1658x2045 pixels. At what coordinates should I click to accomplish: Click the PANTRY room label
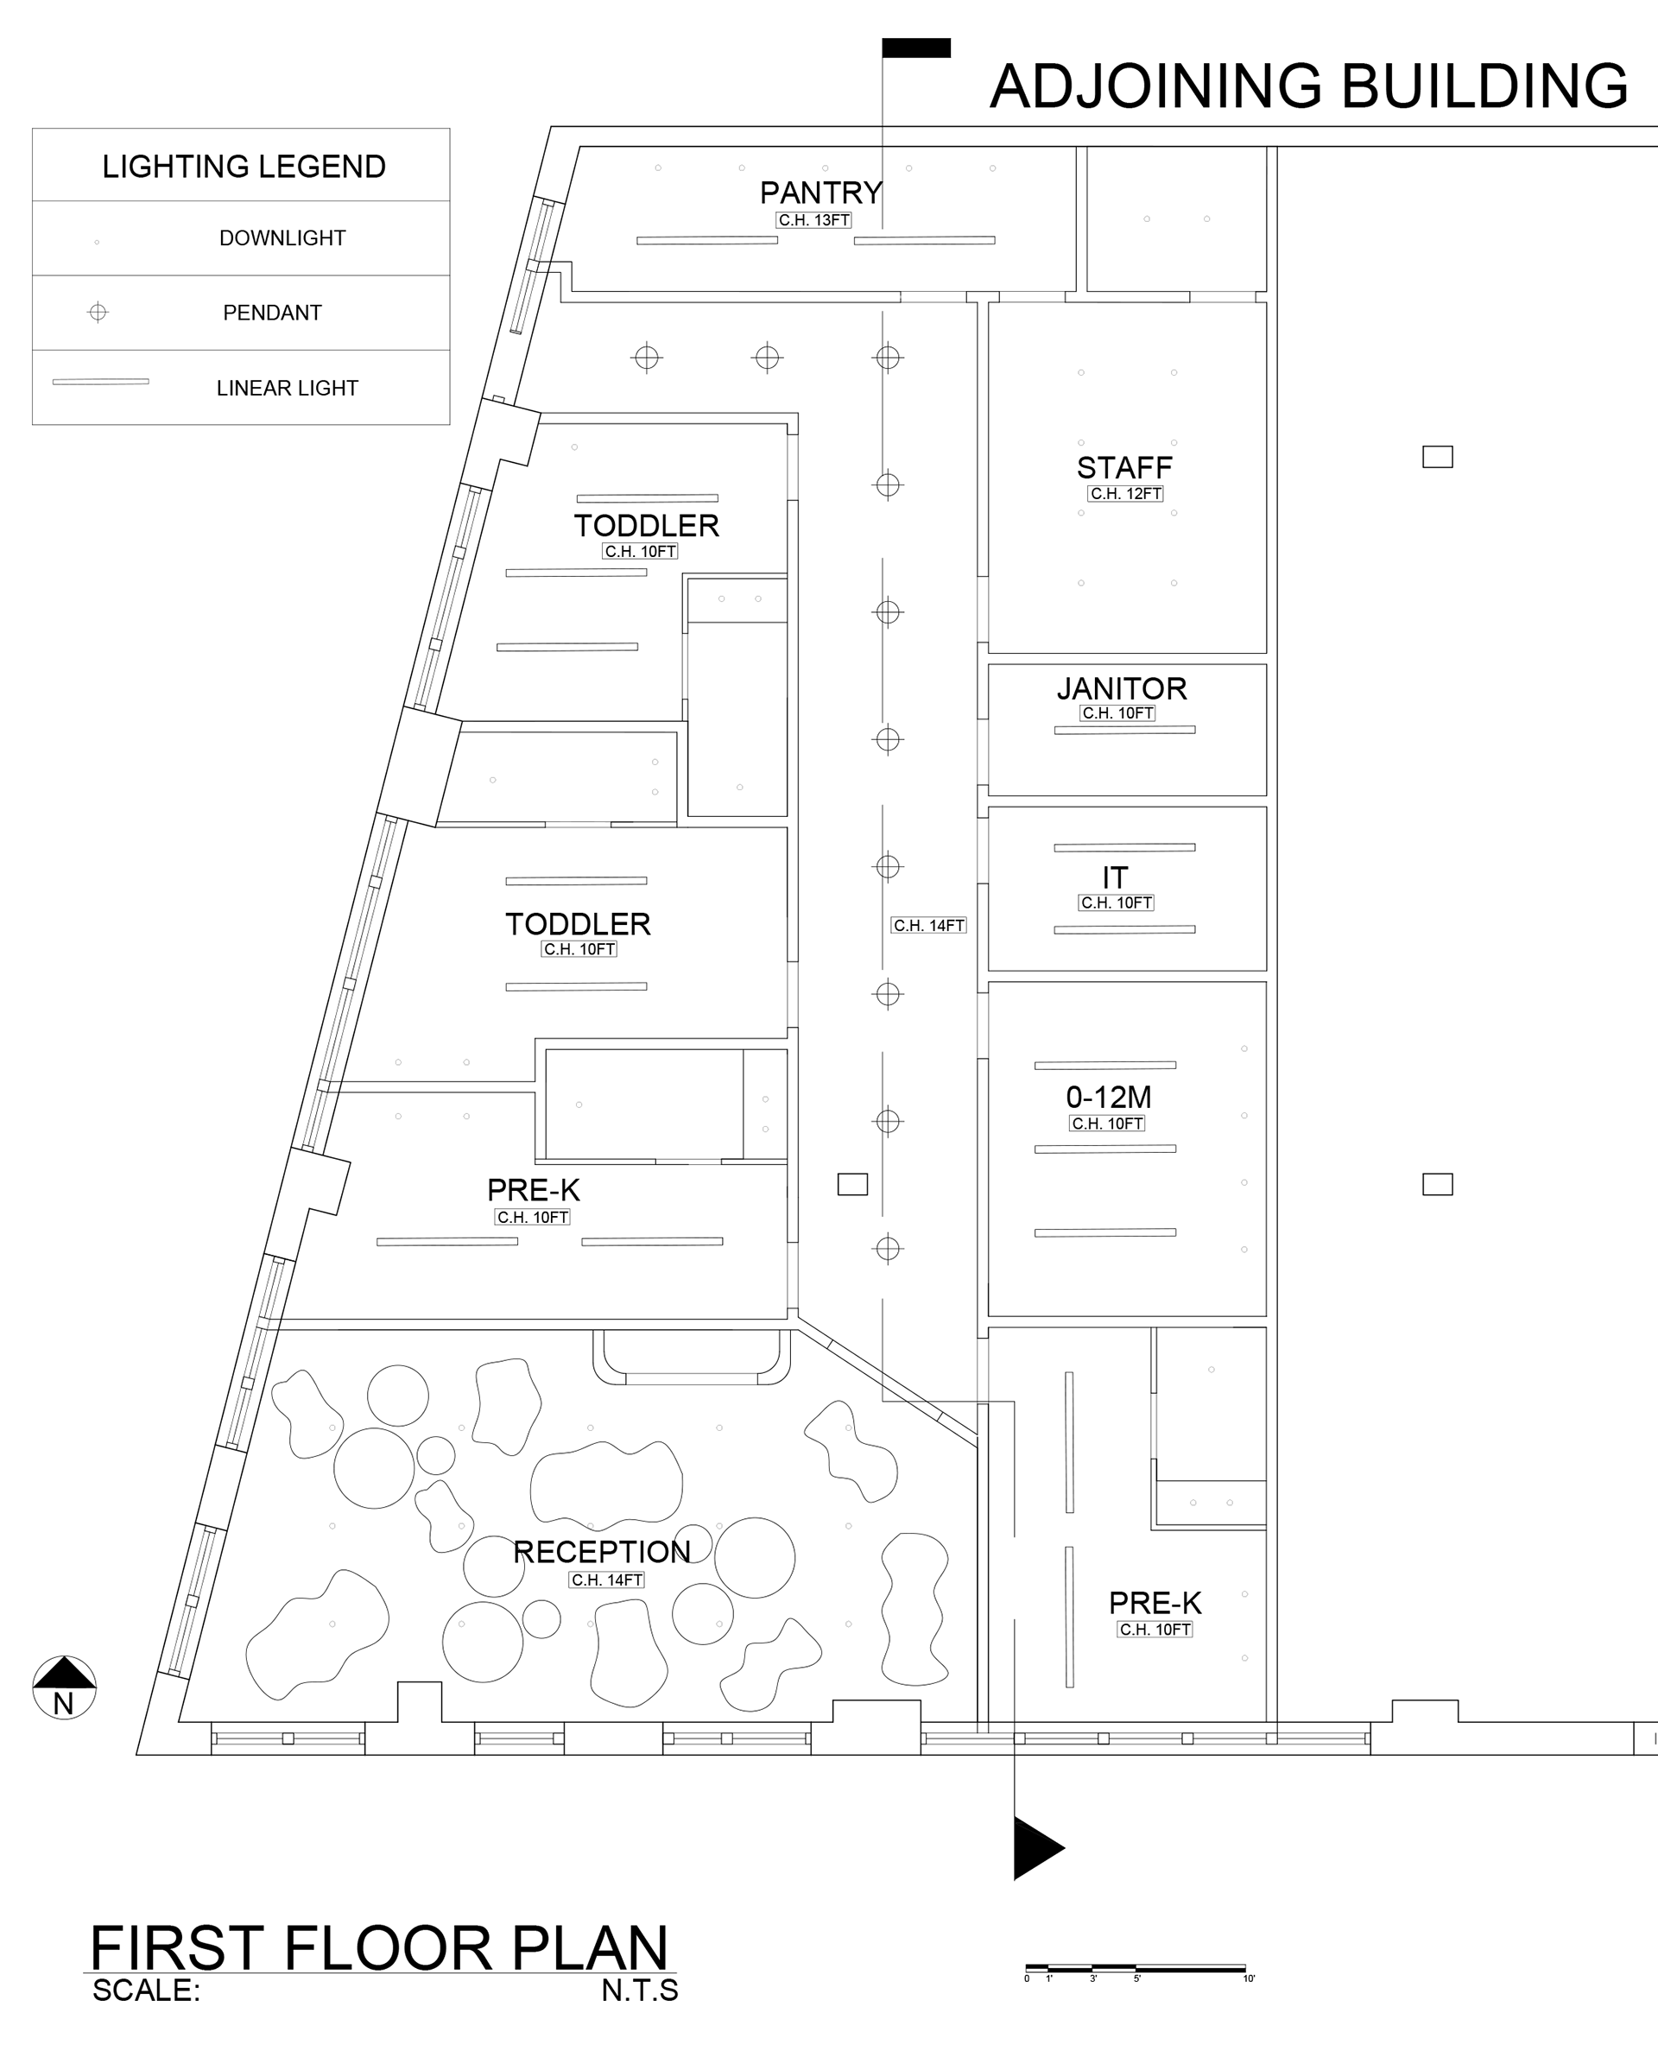tap(820, 193)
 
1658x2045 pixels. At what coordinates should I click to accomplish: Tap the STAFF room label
tap(1124, 468)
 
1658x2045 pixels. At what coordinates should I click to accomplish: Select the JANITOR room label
tap(1121, 688)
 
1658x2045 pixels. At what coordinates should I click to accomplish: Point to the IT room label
tap(1115, 877)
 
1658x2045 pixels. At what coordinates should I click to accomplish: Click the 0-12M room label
tap(1108, 1097)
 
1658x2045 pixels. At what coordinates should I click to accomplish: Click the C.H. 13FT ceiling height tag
tap(813, 220)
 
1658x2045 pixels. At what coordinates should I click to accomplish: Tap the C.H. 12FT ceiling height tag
tap(1125, 494)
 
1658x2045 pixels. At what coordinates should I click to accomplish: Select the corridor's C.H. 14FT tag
tap(928, 926)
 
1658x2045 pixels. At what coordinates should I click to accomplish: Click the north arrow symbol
tap(64, 1687)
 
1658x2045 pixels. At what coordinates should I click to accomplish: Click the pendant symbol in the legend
tap(98, 313)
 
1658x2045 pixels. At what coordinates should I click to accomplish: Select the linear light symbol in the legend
tap(100, 382)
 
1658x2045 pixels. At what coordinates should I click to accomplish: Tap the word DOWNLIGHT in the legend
tap(282, 237)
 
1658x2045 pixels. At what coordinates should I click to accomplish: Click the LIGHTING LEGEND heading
tap(244, 168)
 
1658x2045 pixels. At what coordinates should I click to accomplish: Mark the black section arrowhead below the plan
tap(1038, 1847)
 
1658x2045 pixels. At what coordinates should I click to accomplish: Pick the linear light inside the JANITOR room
tap(1124, 731)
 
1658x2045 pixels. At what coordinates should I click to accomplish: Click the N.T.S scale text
tap(640, 1991)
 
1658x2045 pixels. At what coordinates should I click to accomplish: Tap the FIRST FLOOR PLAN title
tap(378, 1947)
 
